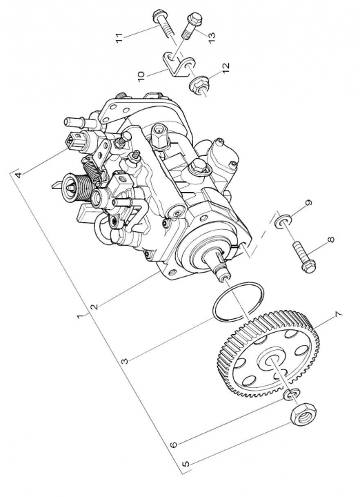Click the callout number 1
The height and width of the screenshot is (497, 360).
[x=81, y=317]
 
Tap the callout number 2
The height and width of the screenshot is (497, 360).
[x=94, y=306]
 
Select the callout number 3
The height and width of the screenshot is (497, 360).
[x=125, y=361]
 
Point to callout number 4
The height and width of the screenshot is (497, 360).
[x=19, y=175]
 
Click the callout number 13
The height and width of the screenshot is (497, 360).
[x=211, y=37]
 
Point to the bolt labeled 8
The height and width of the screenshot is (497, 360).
[x=303, y=257]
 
